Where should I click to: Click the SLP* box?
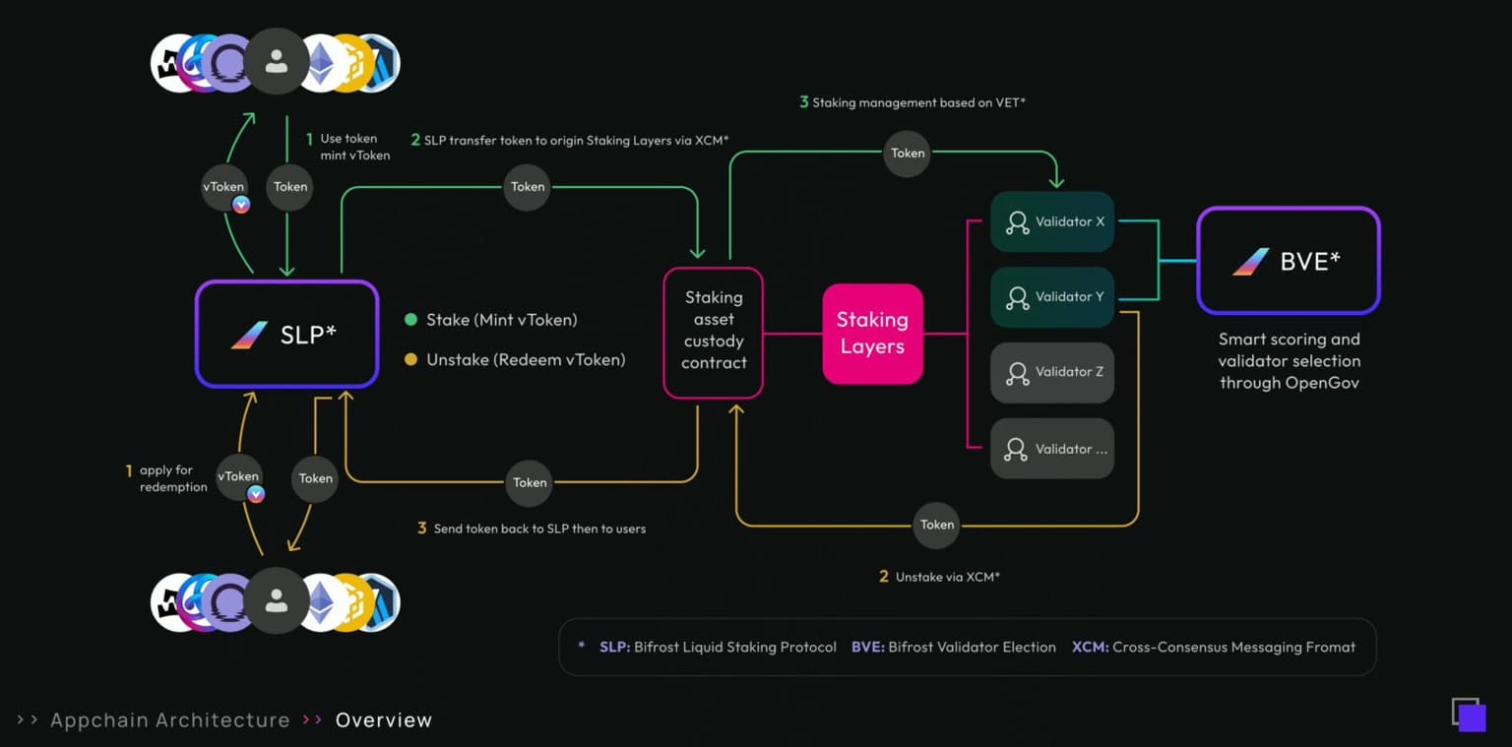286,334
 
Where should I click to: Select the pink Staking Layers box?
872,334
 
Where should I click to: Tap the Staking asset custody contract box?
714,332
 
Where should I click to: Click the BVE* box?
1288,261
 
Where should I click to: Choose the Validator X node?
1051,222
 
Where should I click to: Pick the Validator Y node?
1051,297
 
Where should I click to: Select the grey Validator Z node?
1051,372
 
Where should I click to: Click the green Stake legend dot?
411,320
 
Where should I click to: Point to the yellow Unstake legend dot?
411,360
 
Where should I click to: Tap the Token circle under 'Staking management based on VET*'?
907,154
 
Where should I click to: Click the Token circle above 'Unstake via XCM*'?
936,525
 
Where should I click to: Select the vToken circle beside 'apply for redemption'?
238,477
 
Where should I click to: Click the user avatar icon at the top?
277,62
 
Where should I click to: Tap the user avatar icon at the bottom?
277,601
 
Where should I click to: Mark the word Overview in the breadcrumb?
383,720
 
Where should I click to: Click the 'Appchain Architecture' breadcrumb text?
169,720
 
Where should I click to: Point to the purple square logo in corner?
1469,715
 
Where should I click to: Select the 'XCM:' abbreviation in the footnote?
1090,648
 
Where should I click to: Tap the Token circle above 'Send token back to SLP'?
530,482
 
